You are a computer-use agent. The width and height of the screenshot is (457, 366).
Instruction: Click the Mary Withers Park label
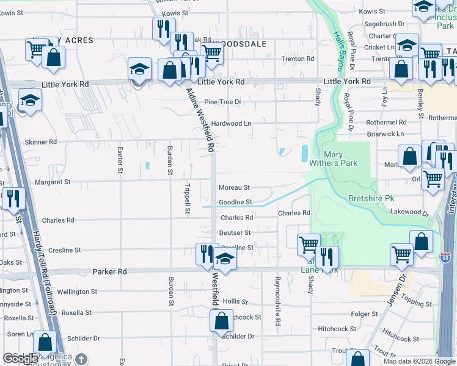(342, 159)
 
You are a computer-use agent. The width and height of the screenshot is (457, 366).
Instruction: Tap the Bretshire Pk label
(371, 199)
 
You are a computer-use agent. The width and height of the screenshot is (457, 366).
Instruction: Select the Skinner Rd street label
(40, 142)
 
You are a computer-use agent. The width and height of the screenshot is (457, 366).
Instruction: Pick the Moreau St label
(235, 187)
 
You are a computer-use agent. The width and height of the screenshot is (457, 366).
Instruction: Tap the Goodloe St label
(235, 202)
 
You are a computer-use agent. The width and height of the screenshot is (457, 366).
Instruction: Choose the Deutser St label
(235, 232)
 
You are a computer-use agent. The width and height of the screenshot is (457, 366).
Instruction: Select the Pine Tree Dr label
(223, 102)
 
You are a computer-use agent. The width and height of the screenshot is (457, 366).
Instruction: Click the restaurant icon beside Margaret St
(11, 198)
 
